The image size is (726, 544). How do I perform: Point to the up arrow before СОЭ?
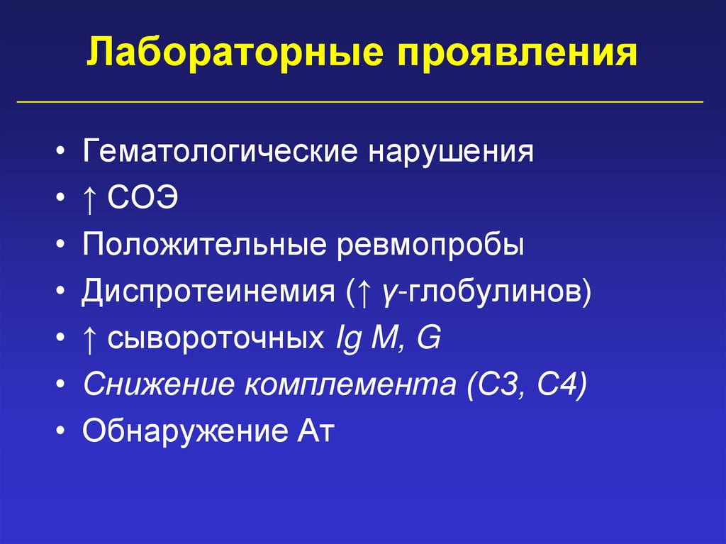click(x=90, y=199)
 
